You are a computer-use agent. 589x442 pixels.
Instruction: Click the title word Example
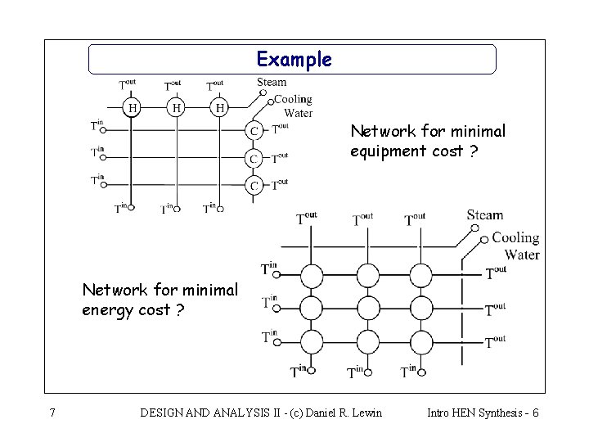(x=294, y=60)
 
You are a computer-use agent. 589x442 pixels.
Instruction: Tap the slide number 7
(x=52, y=413)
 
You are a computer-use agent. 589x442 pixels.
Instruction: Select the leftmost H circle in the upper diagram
(x=132, y=107)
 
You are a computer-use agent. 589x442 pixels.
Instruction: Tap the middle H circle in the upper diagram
(x=175, y=107)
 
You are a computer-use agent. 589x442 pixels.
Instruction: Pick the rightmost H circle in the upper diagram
(x=219, y=107)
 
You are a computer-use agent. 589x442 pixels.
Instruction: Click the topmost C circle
(x=254, y=130)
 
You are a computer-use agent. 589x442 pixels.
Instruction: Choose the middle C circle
(x=254, y=158)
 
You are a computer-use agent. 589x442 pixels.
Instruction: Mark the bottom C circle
(x=254, y=186)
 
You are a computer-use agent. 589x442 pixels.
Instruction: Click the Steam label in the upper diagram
(x=272, y=82)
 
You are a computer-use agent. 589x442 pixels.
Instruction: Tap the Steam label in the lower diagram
(x=485, y=215)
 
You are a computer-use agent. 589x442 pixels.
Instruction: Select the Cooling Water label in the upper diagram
(x=292, y=106)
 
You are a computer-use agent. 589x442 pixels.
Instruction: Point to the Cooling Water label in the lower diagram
(x=515, y=246)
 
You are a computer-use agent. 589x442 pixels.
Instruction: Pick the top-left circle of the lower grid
(x=311, y=273)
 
